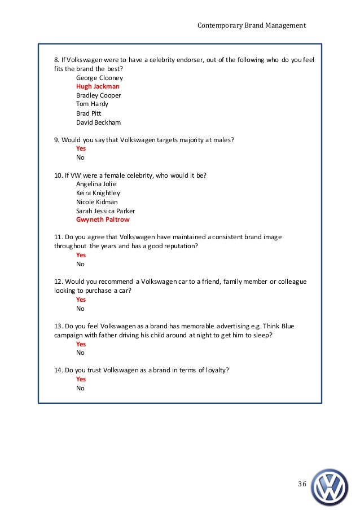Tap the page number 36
pos(302,485)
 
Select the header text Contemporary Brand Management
pos(252,25)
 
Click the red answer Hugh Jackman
pos(98,86)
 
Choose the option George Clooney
pos(99,78)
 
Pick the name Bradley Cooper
pos(99,95)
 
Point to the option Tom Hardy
pos(93,104)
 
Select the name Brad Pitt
pos(90,113)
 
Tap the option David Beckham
pos(98,122)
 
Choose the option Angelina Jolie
pos(97,184)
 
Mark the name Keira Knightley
pos(98,193)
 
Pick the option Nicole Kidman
pos(97,202)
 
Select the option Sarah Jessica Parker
pos(106,211)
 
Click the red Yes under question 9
pos(81,149)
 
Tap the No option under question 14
pos(80,388)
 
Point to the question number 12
pos(58,282)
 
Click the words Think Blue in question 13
pos(278,326)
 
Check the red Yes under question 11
pos(81,255)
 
